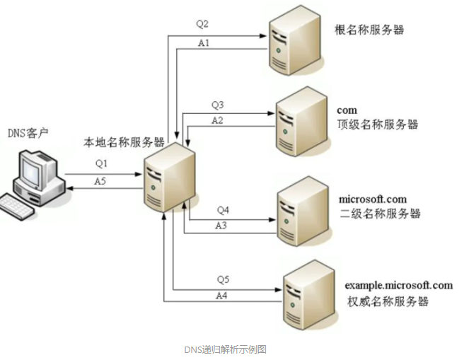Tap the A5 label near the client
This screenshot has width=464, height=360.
pyautogui.click(x=101, y=181)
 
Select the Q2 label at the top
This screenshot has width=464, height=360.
pyautogui.click(x=202, y=23)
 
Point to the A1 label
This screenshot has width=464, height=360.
pyautogui.click(x=203, y=42)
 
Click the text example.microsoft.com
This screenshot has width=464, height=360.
pyautogui.click(x=398, y=285)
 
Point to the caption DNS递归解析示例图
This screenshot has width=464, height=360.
pyautogui.click(x=225, y=349)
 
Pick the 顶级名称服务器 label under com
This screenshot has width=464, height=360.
pyautogui.click(x=378, y=124)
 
